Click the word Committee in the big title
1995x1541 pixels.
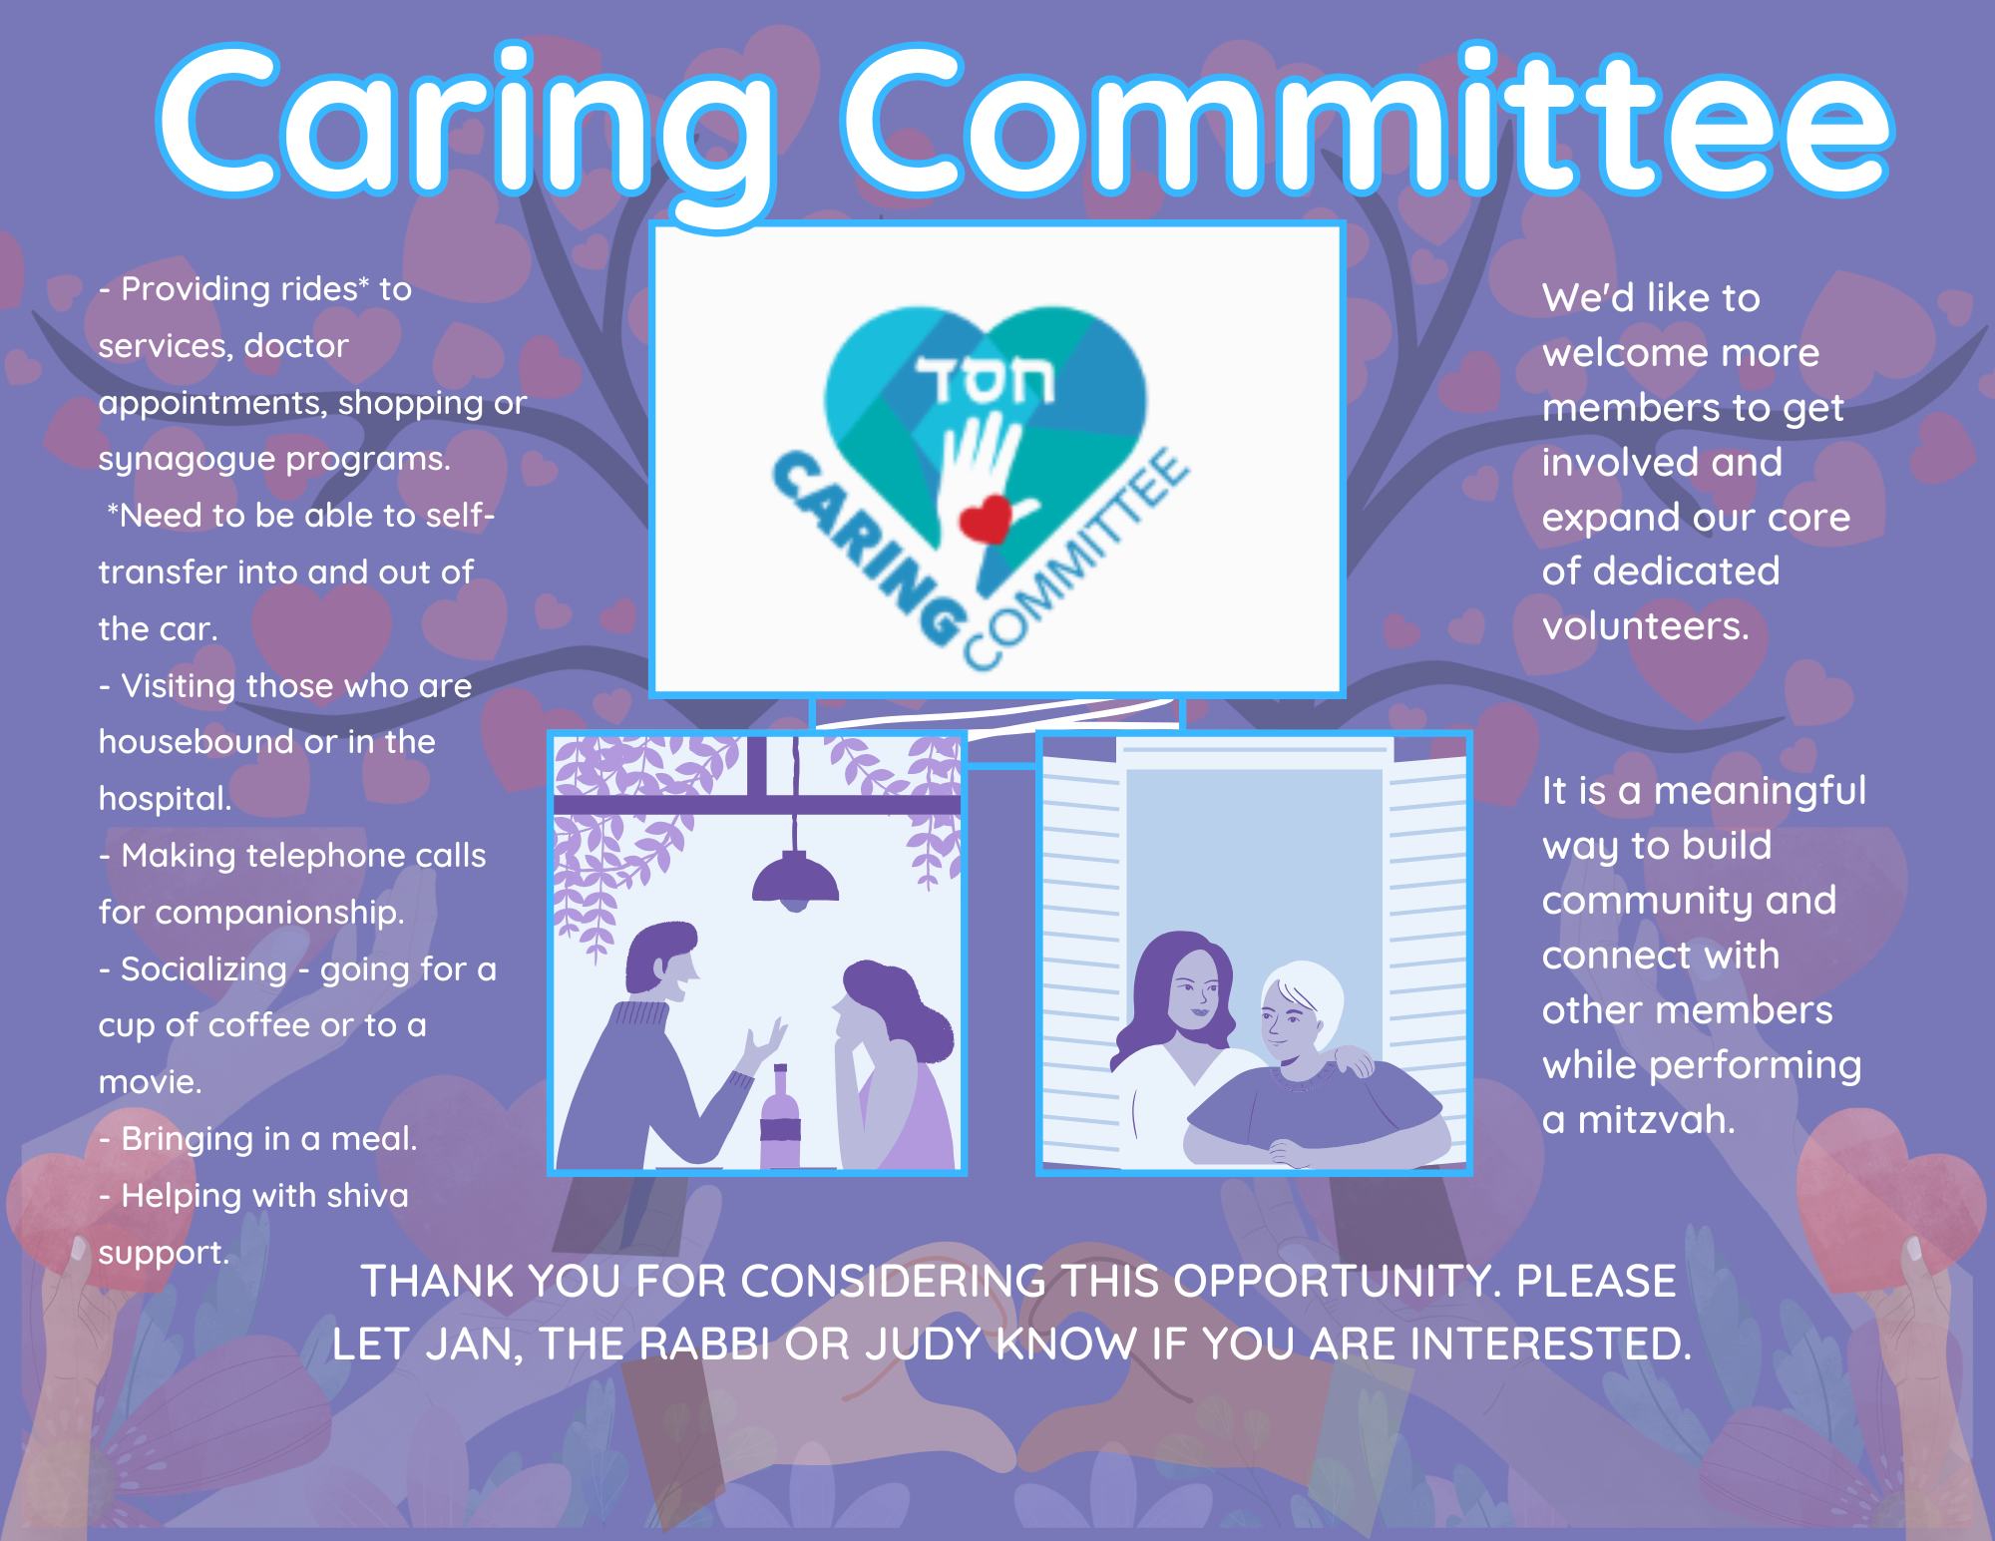pyautogui.click(x=1367, y=120)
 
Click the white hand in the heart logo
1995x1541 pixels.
pyautogui.click(x=983, y=479)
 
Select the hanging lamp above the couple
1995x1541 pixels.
pyautogui.click(x=795, y=878)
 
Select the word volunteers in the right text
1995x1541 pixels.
pyautogui.click(x=1646, y=626)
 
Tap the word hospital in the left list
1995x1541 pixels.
pyautogui.click(x=165, y=798)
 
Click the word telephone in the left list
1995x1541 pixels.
pyautogui.click(x=326, y=856)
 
